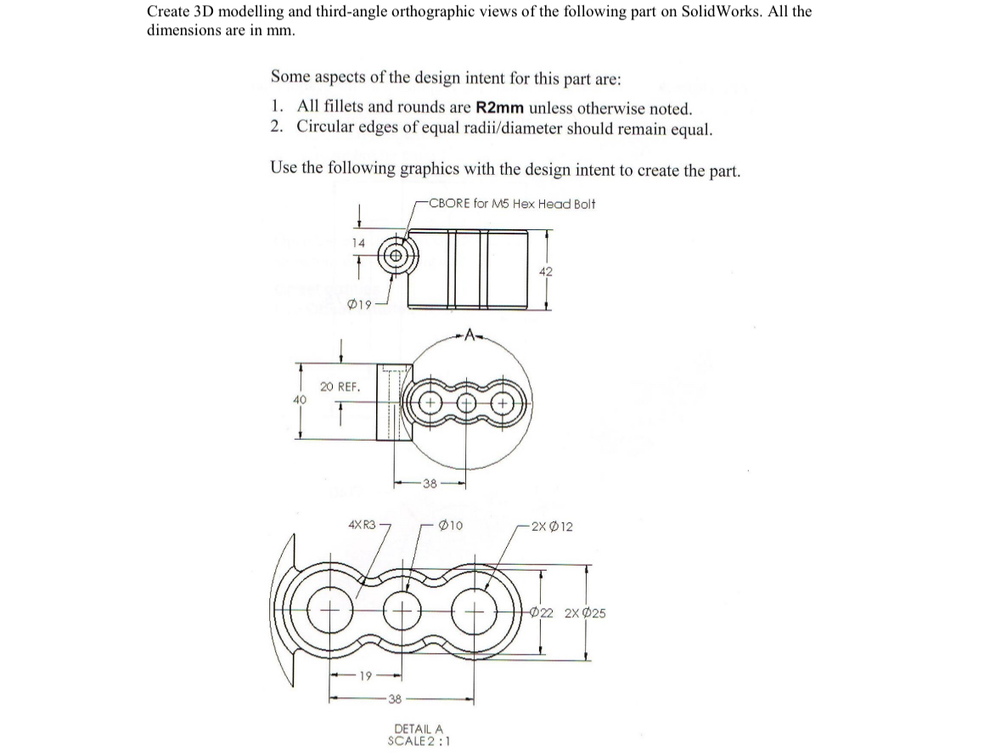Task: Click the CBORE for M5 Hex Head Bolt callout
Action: (x=512, y=204)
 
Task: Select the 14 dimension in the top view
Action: (x=359, y=244)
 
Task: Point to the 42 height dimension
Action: (x=546, y=271)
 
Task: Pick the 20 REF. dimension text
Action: (x=340, y=386)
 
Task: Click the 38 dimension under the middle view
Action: (x=430, y=485)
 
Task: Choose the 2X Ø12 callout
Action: (x=550, y=527)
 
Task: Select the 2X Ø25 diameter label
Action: (x=585, y=613)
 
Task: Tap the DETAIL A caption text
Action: (x=418, y=729)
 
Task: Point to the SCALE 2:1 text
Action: (x=418, y=740)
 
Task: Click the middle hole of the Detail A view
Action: (x=402, y=611)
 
